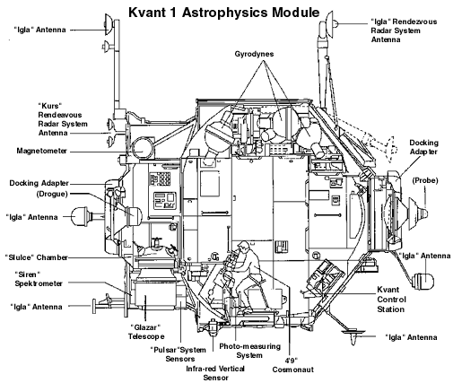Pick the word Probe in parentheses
point(424,180)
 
